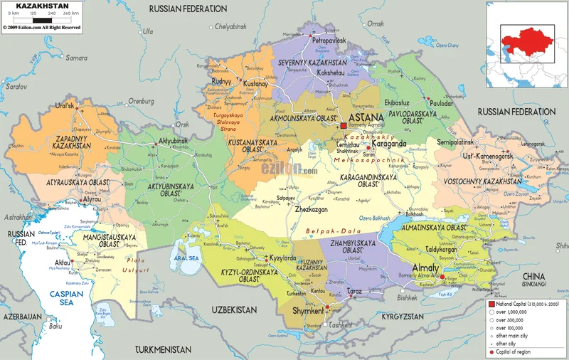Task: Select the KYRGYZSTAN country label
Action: (x=411, y=315)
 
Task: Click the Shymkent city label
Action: (x=309, y=311)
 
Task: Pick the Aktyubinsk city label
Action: (x=173, y=140)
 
